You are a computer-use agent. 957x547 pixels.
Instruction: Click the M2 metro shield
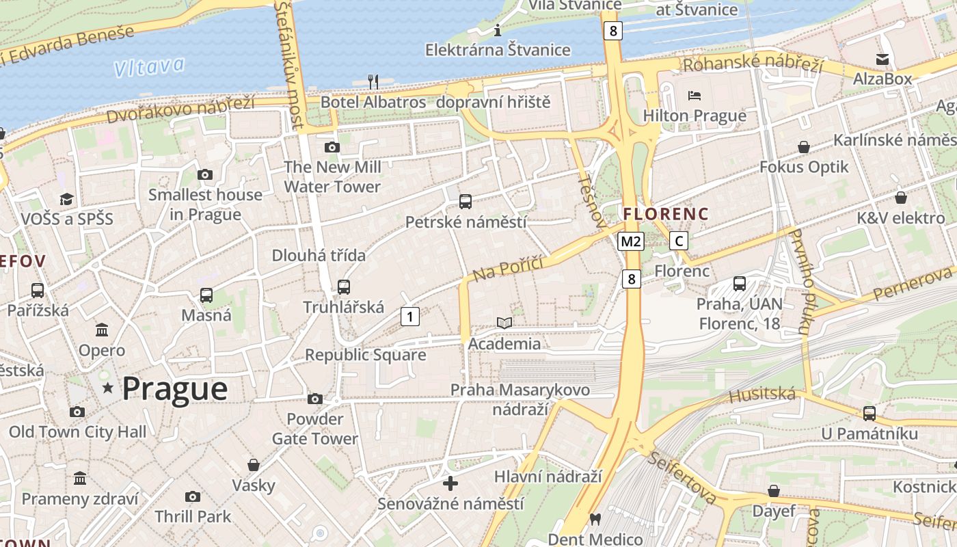(631, 241)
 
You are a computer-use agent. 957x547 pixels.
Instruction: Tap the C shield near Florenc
(678, 241)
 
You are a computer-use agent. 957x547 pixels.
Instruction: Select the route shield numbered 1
(409, 317)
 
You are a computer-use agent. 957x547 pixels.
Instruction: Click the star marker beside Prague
(107, 388)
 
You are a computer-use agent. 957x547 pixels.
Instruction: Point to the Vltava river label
(149, 67)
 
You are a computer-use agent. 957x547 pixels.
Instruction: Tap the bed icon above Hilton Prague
(695, 95)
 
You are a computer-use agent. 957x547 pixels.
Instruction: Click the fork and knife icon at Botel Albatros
(373, 82)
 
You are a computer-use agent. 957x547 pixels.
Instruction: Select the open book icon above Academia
(504, 323)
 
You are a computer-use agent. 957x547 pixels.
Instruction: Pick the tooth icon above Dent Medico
(595, 520)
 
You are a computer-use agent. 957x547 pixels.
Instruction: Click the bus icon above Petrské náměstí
(466, 201)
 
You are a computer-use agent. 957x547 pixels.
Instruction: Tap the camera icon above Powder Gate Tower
(315, 399)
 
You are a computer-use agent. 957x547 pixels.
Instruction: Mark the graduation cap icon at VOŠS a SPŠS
(66, 199)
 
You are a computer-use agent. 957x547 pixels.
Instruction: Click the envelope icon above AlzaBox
(882, 59)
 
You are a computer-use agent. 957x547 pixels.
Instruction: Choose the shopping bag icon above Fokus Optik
(804, 147)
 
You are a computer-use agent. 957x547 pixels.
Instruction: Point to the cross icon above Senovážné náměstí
(450, 483)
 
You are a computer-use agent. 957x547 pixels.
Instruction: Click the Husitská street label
(762, 395)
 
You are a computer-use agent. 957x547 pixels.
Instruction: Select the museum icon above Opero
(102, 330)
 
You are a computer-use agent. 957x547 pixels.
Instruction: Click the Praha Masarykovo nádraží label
(520, 399)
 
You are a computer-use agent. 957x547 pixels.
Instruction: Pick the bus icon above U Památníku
(869, 413)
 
